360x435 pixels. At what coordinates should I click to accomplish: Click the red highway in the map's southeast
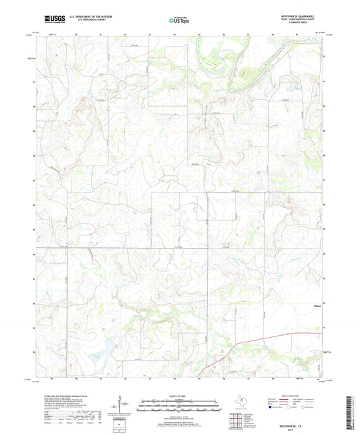[270, 338]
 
